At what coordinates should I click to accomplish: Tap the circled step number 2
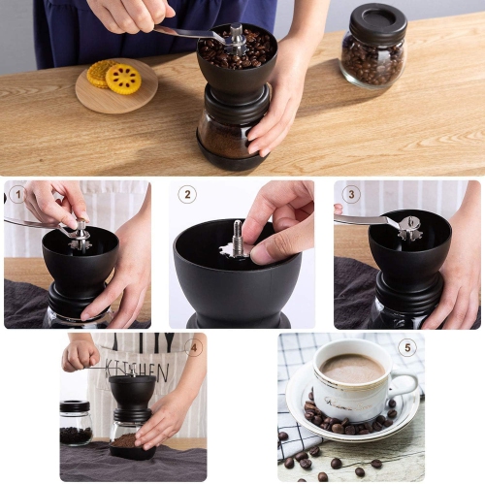[x=187, y=194]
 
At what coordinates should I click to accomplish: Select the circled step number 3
[x=351, y=193]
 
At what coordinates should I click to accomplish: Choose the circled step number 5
[x=407, y=347]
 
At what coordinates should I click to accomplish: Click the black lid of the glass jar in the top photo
[x=377, y=22]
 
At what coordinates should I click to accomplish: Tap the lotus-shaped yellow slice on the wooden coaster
[x=123, y=79]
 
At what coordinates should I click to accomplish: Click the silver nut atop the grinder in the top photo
[x=236, y=35]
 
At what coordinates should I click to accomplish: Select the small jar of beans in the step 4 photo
[x=76, y=423]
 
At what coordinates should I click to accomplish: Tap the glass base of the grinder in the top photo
[x=228, y=136]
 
